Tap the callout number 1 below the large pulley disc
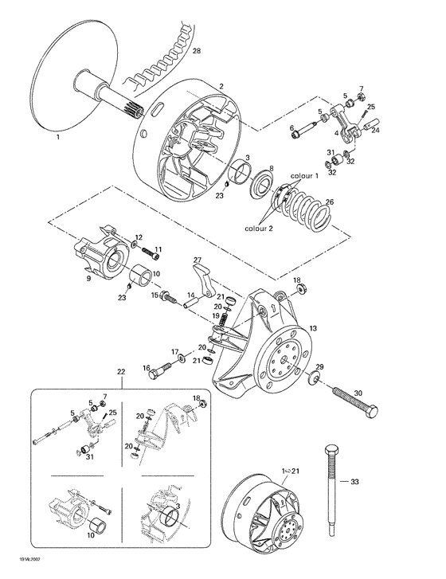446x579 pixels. [57, 137]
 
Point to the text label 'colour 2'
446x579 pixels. [260, 226]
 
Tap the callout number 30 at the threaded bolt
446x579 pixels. [357, 393]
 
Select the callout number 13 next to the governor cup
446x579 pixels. [312, 327]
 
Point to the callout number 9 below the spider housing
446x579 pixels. [88, 280]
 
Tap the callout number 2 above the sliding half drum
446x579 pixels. [221, 85]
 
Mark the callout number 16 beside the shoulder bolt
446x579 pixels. [147, 367]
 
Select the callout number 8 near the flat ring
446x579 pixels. [272, 169]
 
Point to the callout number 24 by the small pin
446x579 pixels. [377, 129]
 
